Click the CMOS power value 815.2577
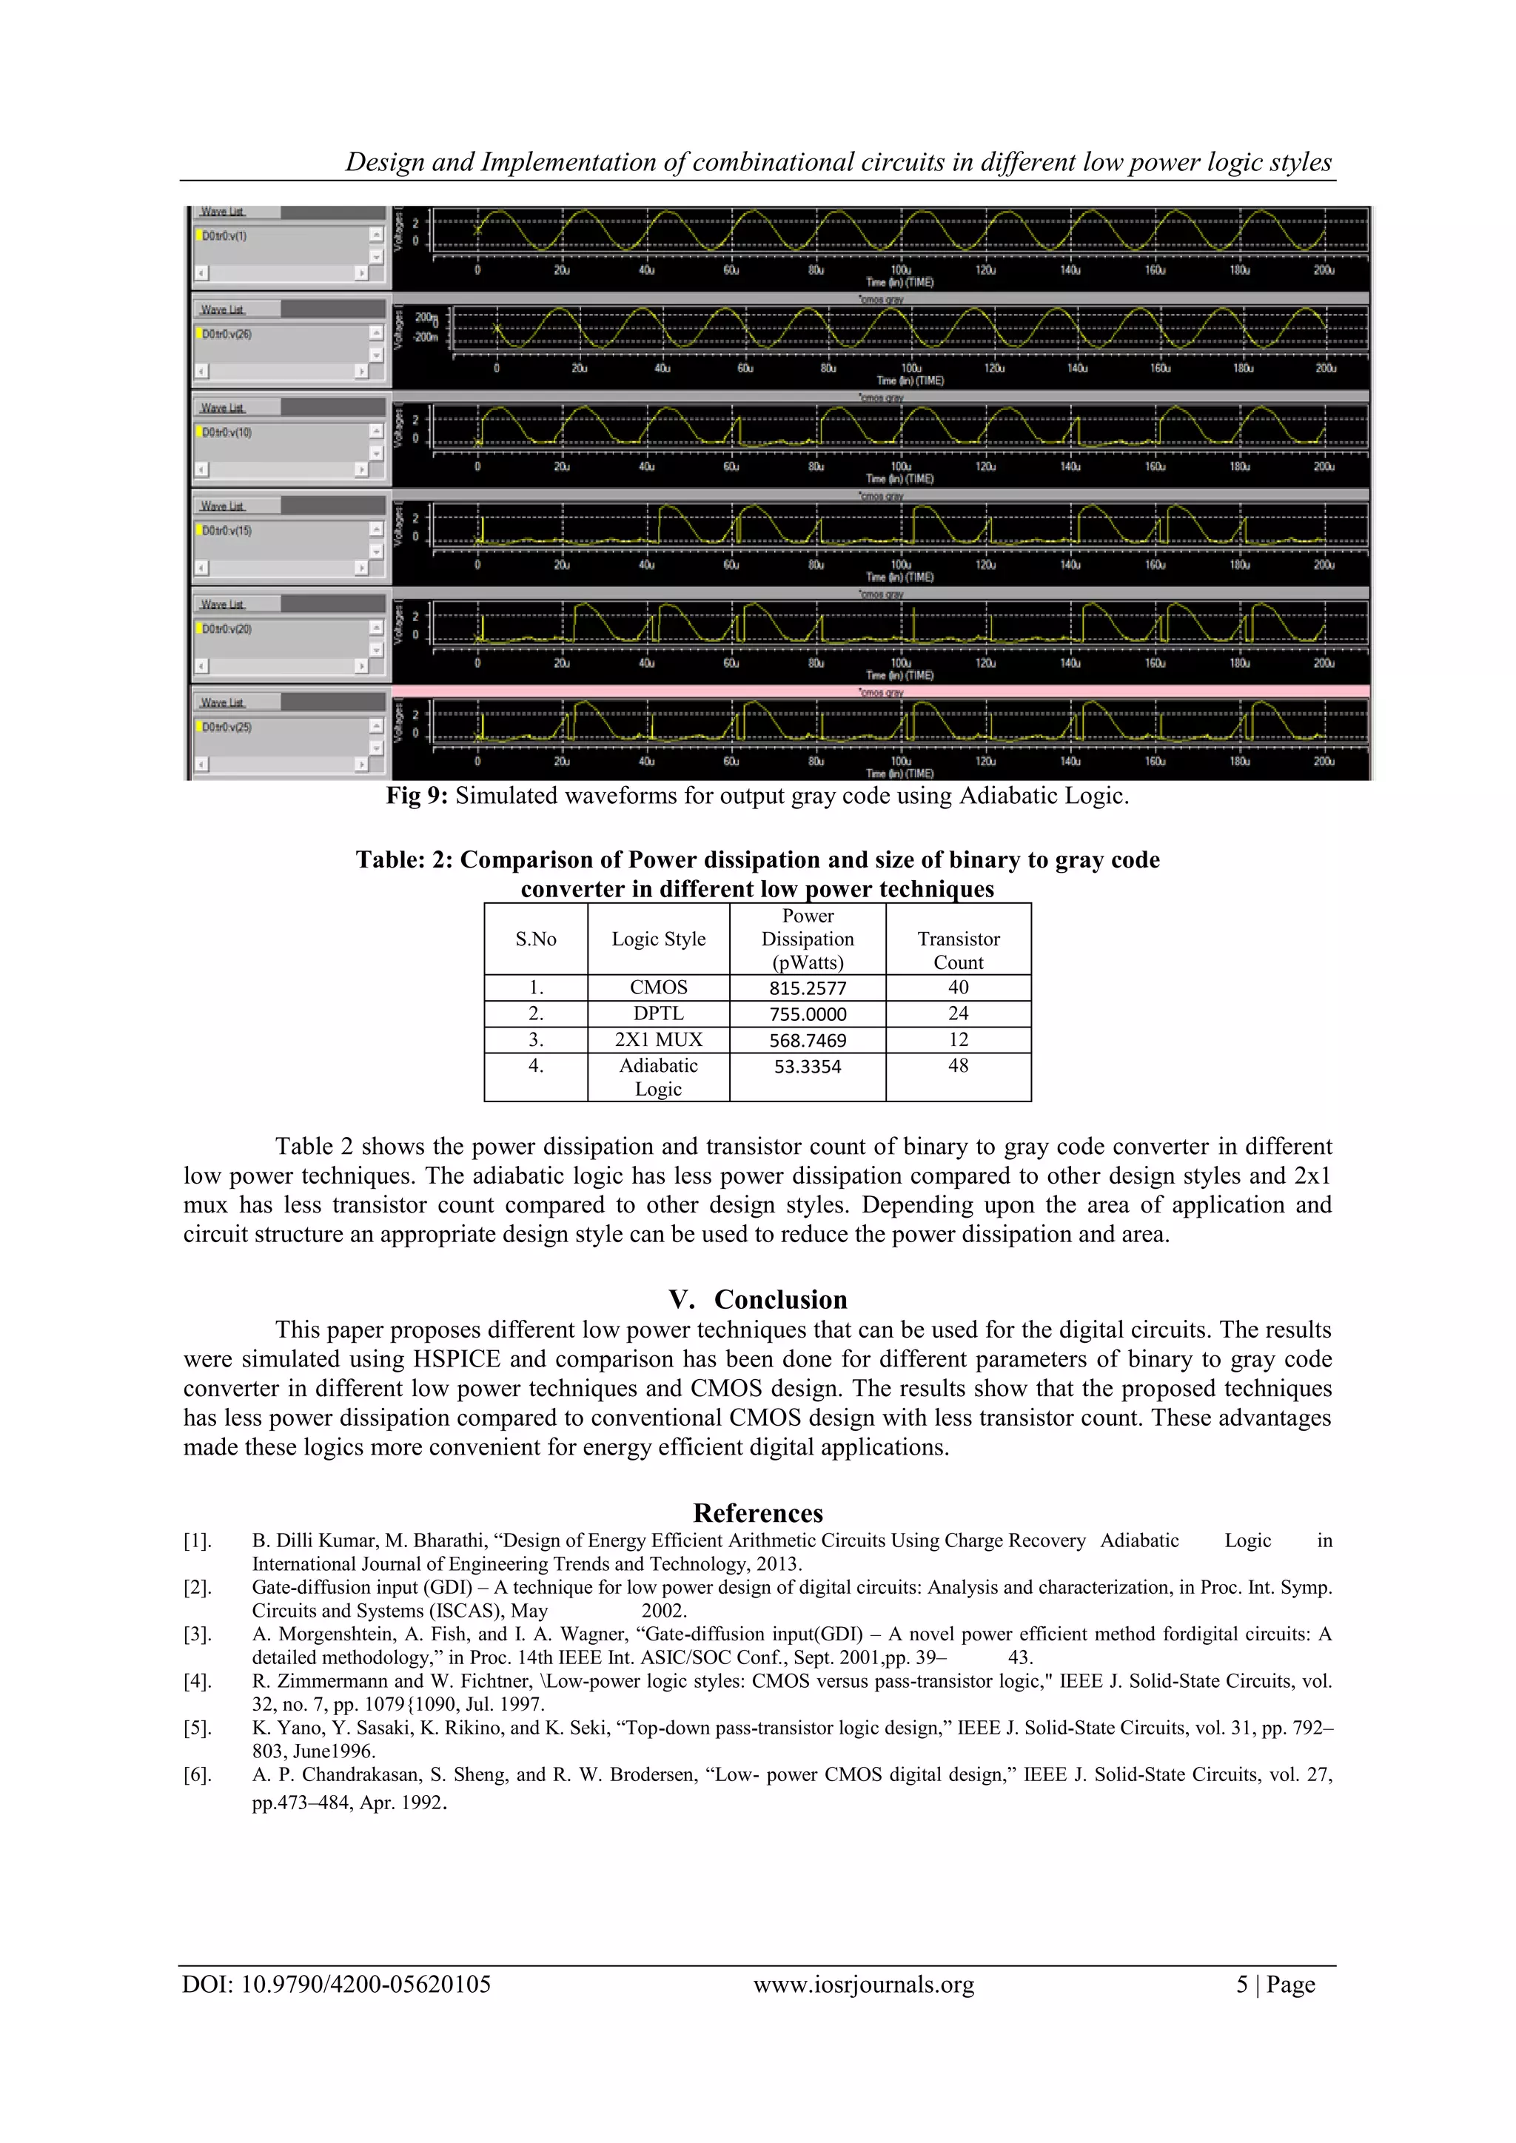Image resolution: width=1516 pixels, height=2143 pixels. [808, 988]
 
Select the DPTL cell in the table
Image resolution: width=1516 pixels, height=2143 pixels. [658, 1013]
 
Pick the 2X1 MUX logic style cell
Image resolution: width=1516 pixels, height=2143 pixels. [658, 1040]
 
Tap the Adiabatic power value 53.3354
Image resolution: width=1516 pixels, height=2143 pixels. [808, 1067]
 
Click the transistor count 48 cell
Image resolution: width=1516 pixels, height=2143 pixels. [958, 1066]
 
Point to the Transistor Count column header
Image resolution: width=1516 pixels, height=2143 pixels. [958, 950]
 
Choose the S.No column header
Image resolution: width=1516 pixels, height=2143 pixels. [536, 939]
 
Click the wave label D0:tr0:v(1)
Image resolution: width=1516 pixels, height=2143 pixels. [224, 236]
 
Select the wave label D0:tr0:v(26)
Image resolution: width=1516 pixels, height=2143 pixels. [227, 334]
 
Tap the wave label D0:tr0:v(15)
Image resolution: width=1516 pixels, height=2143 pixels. [227, 531]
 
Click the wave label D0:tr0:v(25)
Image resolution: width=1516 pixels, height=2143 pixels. [227, 727]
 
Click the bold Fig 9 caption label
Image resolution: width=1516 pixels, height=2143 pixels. [417, 797]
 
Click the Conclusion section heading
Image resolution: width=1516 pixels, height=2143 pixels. [779, 1299]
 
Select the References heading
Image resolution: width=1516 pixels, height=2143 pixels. [758, 1513]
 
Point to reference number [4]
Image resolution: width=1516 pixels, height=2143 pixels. [197, 1681]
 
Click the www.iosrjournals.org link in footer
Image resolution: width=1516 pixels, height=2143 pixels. [864, 1985]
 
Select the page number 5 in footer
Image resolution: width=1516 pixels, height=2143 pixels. [1241, 1985]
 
